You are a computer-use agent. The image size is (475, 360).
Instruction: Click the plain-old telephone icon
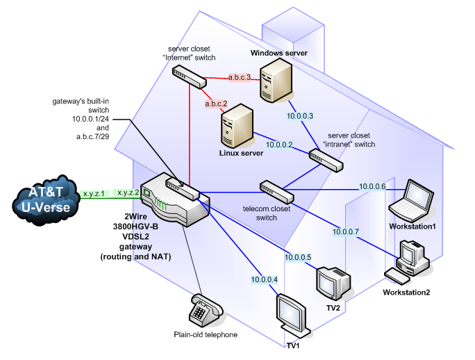point(206,311)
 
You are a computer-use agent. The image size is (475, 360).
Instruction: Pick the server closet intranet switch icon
point(326,161)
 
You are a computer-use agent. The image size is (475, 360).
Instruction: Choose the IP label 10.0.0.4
point(264,280)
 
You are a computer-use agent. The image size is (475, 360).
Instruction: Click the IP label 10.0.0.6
point(372,186)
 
